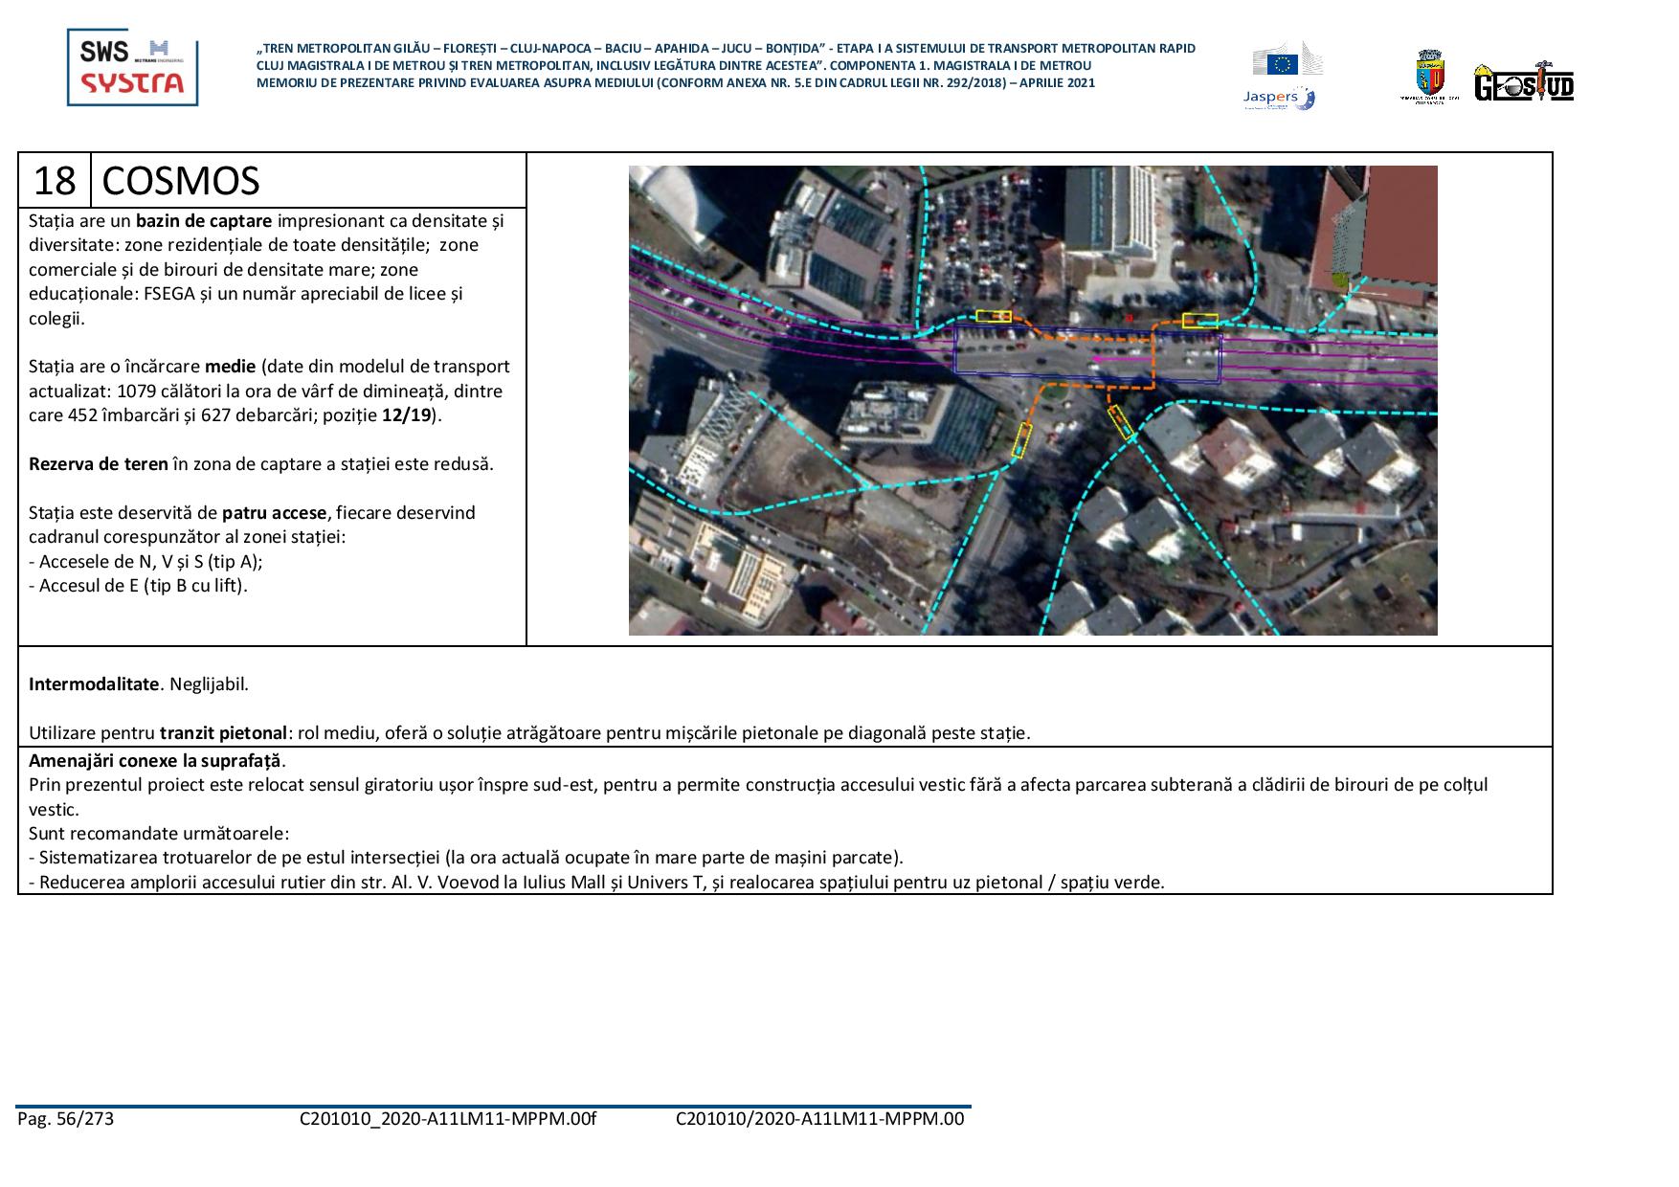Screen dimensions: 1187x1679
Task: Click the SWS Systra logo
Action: pyautogui.click(x=132, y=67)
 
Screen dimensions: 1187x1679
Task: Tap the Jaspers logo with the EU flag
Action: pyautogui.click(x=1283, y=76)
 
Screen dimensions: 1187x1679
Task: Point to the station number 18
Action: pyautogui.click(x=55, y=180)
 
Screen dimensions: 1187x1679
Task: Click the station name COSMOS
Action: pyautogui.click(x=180, y=180)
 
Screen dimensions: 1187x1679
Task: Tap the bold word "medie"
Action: pyautogui.click(x=230, y=367)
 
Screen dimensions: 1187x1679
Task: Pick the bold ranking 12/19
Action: pyautogui.click(x=407, y=415)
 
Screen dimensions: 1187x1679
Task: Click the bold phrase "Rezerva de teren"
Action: pyautogui.click(x=98, y=464)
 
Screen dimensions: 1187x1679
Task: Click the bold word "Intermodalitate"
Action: pyautogui.click(x=93, y=684)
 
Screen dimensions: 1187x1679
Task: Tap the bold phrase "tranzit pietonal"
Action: pyautogui.click(x=223, y=733)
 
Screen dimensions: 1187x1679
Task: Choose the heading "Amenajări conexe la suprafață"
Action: pyautogui.click(x=156, y=761)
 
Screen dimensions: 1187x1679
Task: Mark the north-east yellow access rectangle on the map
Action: pyautogui.click(x=1199, y=321)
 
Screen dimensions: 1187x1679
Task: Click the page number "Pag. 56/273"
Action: pyautogui.click(x=65, y=1119)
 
